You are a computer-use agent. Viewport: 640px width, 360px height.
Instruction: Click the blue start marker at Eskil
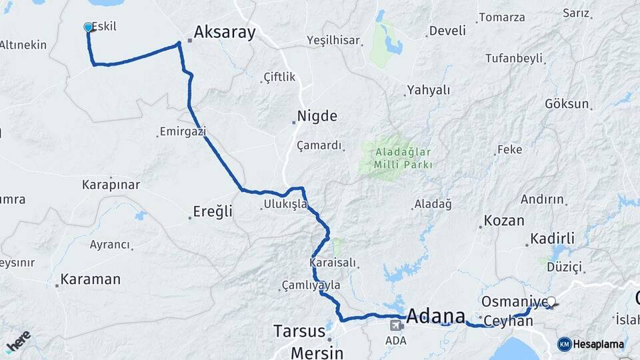[x=88, y=27]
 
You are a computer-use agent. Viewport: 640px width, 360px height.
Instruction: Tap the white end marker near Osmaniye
[x=551, y=301]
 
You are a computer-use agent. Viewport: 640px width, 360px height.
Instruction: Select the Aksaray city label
[x=225, y=32]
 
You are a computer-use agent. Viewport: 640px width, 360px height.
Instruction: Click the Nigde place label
[x=317, y=116]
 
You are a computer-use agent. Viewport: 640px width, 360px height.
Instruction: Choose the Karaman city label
[x=90, y=279]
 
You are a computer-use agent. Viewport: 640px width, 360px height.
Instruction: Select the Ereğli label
[x=212, y=212]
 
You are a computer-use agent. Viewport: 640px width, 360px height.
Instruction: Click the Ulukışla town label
[x=285, y=204]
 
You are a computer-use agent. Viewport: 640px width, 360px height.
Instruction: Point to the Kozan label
[x=503, y=220]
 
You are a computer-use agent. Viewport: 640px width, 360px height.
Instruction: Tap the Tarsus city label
[x=299, y=331]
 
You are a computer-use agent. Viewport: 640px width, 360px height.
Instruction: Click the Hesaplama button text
[x=599, y=344]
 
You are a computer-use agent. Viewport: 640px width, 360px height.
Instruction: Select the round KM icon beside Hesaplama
[x=564, y=344]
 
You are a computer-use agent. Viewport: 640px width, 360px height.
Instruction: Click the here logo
[x=18, y=340]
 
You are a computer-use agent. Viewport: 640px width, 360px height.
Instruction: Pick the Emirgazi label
[x=183, y=132]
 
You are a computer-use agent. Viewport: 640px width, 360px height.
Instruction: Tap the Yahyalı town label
[x=429, y=90]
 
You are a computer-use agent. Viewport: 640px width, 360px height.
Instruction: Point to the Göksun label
[x=567, y=104]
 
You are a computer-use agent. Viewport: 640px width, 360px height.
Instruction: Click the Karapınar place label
[x=111, y=184]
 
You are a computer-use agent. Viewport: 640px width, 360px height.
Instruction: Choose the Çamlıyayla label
[x=311, y=285]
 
